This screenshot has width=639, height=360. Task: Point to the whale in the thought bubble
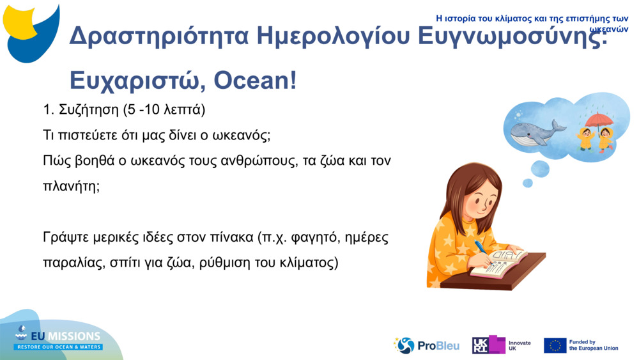click(538, 130)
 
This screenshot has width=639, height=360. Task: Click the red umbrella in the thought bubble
click(598, 120)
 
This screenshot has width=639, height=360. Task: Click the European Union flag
click(555, 345)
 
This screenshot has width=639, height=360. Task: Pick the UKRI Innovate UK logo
click(501, 345)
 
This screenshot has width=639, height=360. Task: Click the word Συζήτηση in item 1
click(89, 110)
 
